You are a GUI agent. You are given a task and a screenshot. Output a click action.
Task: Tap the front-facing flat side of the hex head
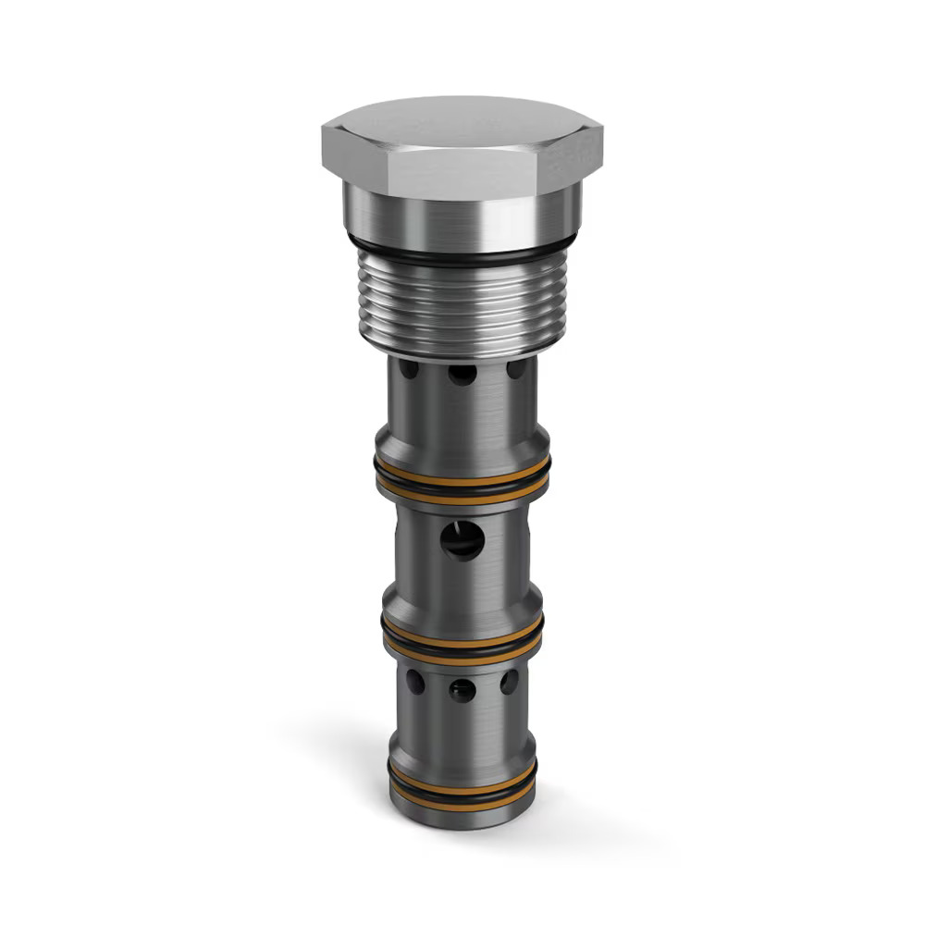coord(459,176)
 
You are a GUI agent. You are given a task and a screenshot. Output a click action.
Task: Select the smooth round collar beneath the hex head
coord(461,215)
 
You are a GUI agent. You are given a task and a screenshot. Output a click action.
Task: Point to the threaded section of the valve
coord(461,301)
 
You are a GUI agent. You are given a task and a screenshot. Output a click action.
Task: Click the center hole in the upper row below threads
coord(462,374)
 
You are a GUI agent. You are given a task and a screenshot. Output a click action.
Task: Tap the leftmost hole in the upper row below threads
coord(409,370)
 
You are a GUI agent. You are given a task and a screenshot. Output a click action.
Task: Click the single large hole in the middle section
coord(462,538)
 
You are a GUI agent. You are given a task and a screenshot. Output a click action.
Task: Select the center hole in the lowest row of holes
coord(462,690)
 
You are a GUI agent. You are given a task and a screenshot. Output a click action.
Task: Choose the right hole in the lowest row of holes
coord(509,683)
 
